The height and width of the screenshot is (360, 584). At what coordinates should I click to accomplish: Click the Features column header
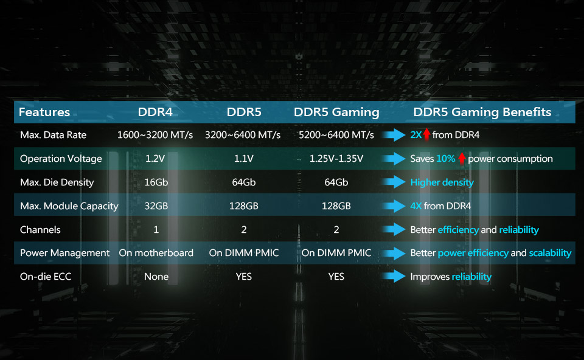click(44, 112)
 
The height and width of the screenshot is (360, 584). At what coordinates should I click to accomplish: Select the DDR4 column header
click(155, 112)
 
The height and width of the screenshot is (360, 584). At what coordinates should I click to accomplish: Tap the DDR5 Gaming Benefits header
click(482, 112)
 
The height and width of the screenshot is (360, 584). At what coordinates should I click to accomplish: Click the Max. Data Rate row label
click(54, 135)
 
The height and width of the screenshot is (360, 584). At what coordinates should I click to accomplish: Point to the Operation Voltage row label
click(61, 159)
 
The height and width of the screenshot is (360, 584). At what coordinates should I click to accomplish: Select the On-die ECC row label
click(46, 277)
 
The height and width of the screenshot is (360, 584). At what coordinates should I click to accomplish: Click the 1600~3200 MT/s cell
click(155, 135)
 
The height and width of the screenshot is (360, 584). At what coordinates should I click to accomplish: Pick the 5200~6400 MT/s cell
click(336, 135)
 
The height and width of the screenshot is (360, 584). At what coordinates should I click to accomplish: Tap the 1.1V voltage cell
click(243, 159)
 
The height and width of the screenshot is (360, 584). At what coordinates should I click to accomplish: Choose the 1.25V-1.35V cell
click(336, 159)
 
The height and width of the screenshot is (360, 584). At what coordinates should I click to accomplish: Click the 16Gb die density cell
click(156, 182)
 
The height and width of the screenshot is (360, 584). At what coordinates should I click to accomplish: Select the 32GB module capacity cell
click(156, 206)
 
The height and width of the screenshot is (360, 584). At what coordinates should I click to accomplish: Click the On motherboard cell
click(156, 253)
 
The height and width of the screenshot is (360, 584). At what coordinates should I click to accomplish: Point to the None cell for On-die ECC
click(156, 277)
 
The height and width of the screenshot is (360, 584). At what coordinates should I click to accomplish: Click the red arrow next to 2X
click(427, 134)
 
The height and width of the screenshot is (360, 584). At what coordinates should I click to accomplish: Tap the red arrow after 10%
click(462, 158)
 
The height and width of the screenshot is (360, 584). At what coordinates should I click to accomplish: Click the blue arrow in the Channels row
click(394, 229)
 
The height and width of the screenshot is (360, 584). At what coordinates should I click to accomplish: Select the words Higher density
click(442, 182)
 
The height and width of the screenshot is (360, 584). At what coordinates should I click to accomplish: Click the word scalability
click(550, 253)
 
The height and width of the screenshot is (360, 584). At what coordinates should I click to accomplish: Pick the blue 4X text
click(416, 206)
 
